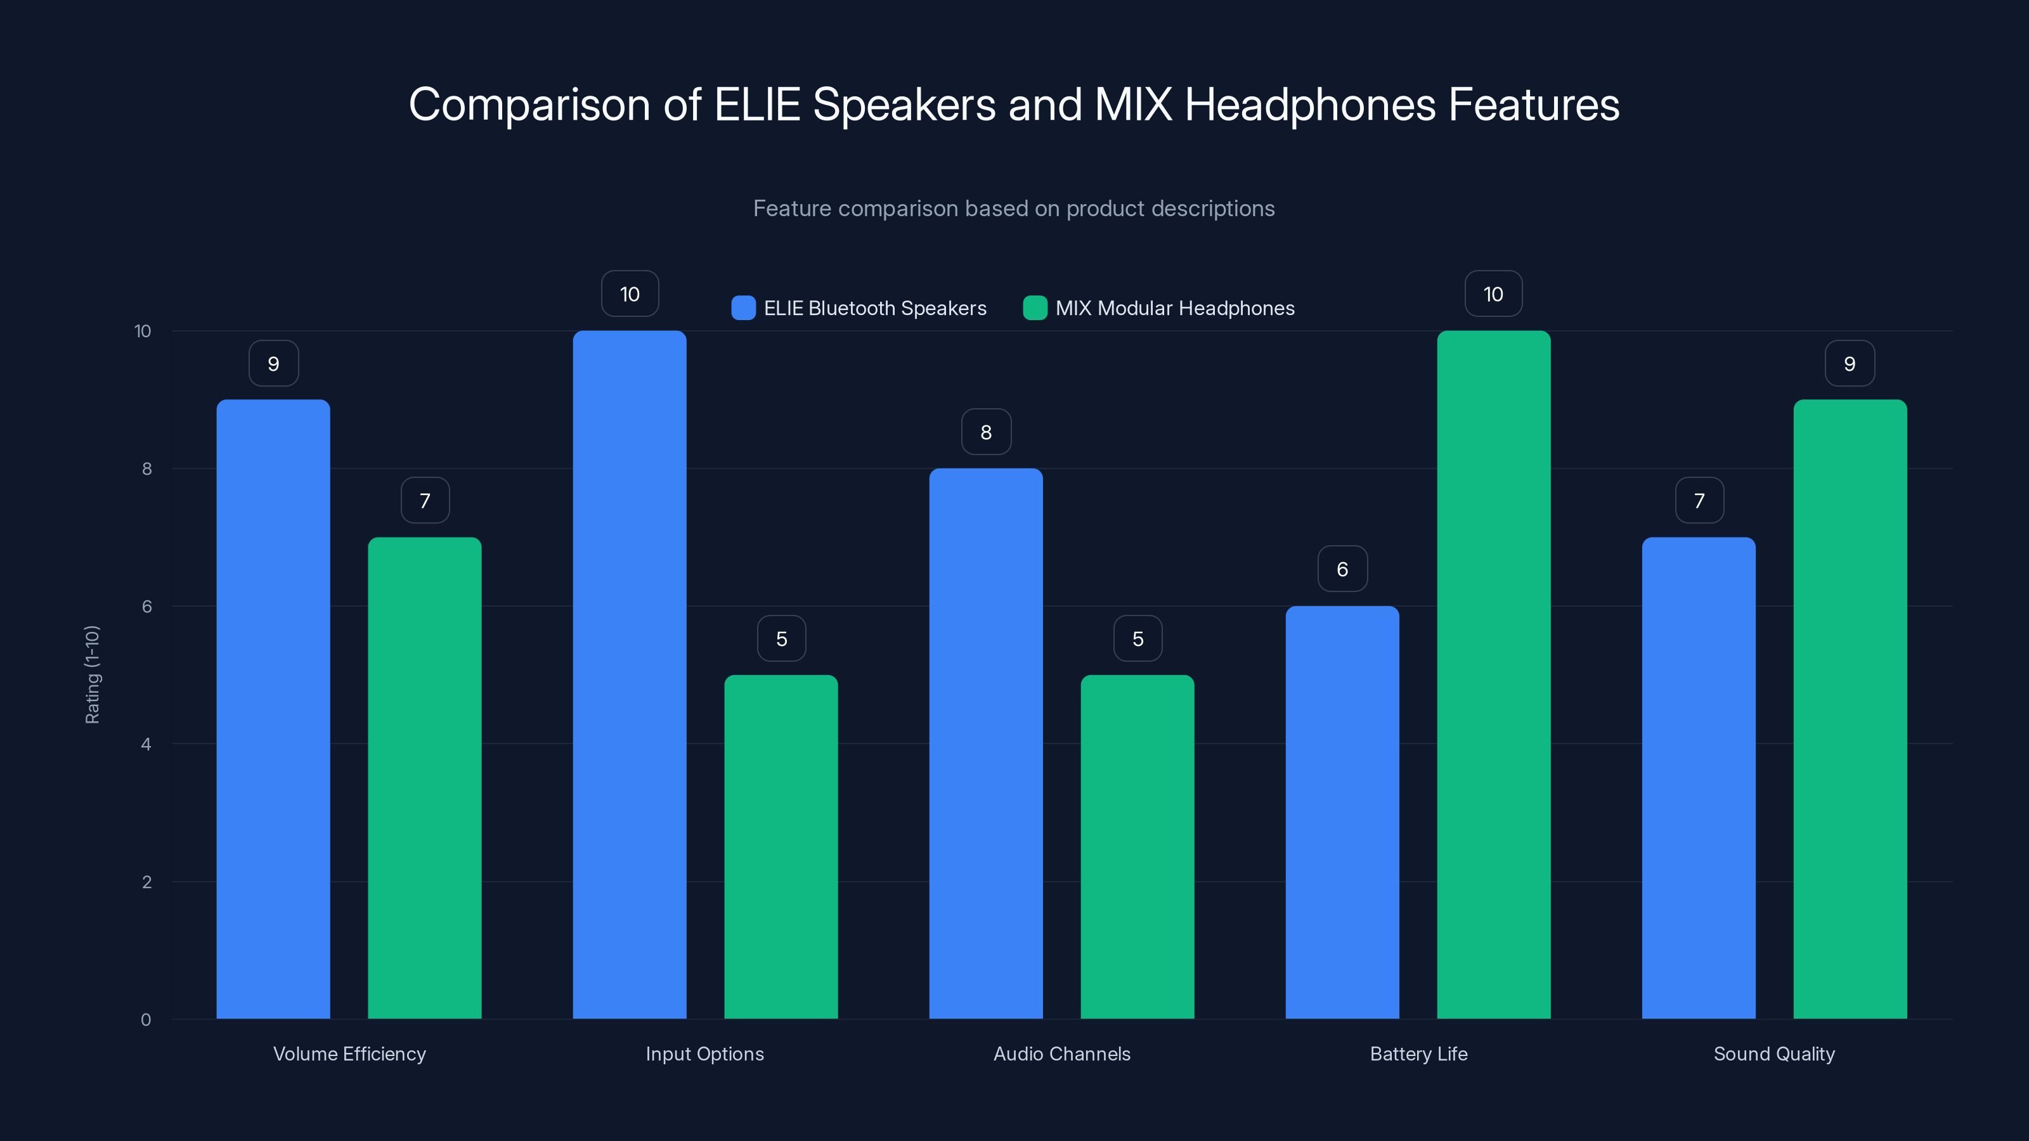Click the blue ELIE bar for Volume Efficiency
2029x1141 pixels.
point(273,709)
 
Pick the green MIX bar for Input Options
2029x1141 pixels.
point(781,846)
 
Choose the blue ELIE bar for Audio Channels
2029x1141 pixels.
point(985,744)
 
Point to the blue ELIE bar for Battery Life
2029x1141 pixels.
point(1342,812)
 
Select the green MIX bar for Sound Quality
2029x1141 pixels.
point(1850,709)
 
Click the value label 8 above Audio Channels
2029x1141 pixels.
point(986,432)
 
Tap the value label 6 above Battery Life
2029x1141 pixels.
point(1342,569)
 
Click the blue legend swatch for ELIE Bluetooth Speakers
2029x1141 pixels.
point(742,308)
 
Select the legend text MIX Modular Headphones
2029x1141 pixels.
point(1174,308)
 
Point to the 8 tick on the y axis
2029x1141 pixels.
point(146,468)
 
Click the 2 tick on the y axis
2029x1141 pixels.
point(146,882)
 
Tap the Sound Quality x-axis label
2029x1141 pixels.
point(1774,1054)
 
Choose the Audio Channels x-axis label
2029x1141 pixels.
point(1062,1054)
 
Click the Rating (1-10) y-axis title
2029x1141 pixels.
point(92,674)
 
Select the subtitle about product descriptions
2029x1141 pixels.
point(1014,208)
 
